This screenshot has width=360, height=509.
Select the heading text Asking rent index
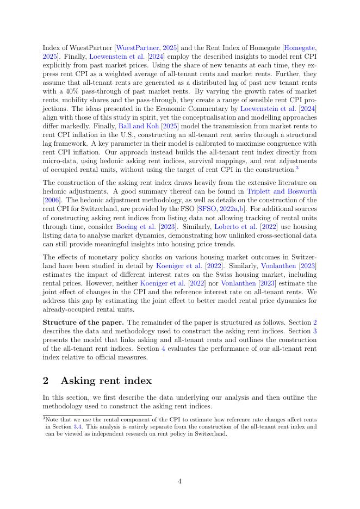coord(107,381)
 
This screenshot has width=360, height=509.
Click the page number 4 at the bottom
coord(179,481)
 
